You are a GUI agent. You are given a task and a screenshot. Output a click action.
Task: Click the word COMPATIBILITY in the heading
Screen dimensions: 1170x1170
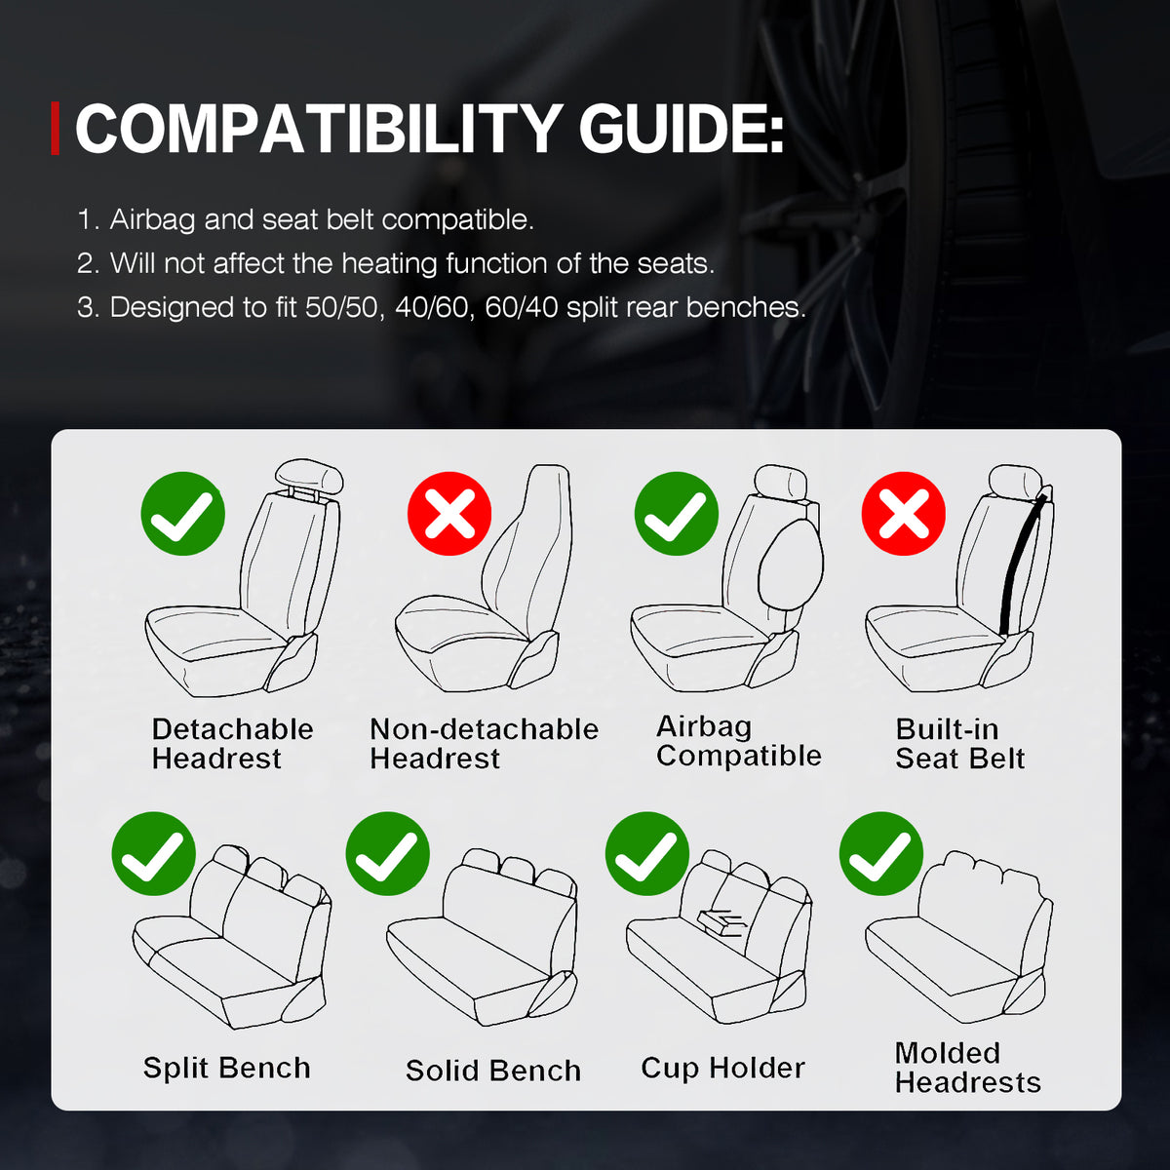pos(317,129)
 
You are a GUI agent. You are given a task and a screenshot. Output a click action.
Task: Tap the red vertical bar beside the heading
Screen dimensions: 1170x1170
pos(56,129)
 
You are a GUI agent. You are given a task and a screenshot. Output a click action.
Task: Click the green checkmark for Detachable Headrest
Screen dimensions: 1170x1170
pos(183,514)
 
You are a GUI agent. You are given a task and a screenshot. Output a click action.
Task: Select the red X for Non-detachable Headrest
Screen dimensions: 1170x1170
pos(449,514)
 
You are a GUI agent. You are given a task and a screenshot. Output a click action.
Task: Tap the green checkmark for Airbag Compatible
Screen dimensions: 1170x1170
pos(677,514)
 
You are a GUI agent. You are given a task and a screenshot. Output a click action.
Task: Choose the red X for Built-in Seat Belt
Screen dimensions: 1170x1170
pos(904,514)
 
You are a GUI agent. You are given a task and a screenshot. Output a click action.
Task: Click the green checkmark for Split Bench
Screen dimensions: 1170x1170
pos(154,854)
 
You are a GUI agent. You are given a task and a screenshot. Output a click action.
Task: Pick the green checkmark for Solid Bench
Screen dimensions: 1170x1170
pos(388,854)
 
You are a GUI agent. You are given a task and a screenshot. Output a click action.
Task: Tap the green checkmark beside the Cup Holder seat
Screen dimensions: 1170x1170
pos(647,854)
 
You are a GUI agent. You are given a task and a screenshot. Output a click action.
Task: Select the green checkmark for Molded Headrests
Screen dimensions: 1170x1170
pos(881,854)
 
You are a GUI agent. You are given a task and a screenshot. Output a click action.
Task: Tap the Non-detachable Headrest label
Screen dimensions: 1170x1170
pos(484,744)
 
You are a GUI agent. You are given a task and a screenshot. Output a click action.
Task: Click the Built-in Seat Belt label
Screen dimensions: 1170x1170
pos(959,744)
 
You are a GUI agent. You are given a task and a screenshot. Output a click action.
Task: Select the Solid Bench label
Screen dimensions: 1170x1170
pos(493,1071)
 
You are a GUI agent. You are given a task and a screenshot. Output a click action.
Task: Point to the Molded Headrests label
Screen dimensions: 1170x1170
pos(967,1068)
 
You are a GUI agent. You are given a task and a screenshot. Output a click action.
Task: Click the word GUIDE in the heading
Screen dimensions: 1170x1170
pos(682,129)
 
